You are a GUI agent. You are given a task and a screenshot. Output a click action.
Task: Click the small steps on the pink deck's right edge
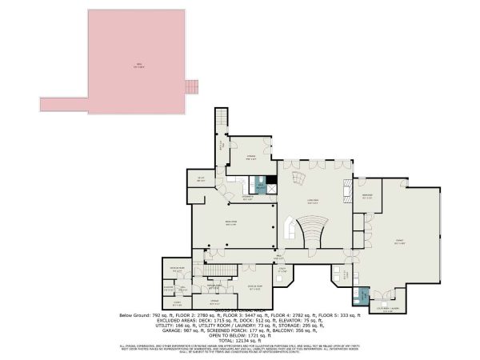(190, 86)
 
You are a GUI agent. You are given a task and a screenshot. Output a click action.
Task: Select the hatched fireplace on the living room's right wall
(347, 193)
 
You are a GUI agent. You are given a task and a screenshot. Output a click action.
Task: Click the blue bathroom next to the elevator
(260, 186)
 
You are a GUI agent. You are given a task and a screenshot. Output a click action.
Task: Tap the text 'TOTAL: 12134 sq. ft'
(240, 339)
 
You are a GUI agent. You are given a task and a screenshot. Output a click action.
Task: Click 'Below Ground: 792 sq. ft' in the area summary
(148, 315)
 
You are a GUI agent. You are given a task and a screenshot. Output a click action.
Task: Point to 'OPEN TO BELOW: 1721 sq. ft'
(240, 333)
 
